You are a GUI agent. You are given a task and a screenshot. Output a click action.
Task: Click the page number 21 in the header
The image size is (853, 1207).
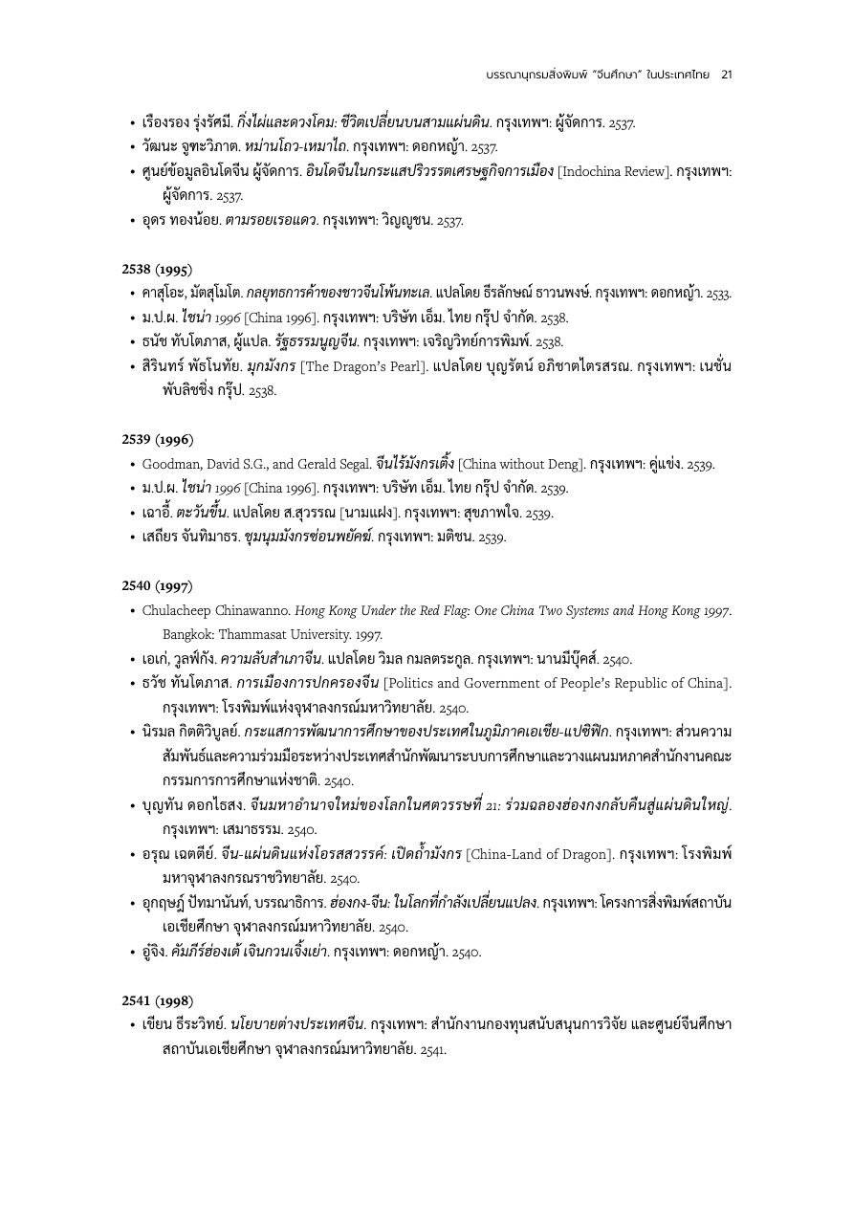click(727, 74)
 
